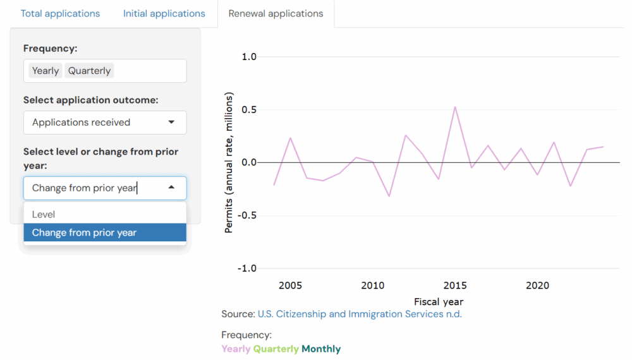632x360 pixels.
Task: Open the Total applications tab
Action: tap(60, 13)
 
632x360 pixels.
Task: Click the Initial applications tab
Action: tap(164, 13)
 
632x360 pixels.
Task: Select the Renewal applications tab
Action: tap(276, 13)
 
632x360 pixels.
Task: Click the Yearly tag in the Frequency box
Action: tap(46, 71)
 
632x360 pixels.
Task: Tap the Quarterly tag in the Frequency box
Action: tap(89, 71)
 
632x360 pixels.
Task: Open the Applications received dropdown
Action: tap(105, 123)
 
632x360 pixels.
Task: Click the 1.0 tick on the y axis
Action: tap(249, 57)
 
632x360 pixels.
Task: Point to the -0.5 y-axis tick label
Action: tap(247, 215)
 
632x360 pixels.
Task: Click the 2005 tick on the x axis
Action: tap(290, 285)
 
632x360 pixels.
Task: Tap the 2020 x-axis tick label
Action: tap(537, 285)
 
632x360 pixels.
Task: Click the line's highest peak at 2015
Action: tap(455, 107)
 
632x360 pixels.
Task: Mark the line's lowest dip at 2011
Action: tap(389, 196)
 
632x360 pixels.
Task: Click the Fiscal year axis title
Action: tap(439, 301)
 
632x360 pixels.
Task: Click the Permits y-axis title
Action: tap(229, 163)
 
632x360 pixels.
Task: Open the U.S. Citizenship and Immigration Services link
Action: tap(360, 314)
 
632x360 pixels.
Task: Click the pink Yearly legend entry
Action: tap(236, 349)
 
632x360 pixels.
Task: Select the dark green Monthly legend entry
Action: tap(321, 349)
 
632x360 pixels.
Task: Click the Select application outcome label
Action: tap(91, 100)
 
